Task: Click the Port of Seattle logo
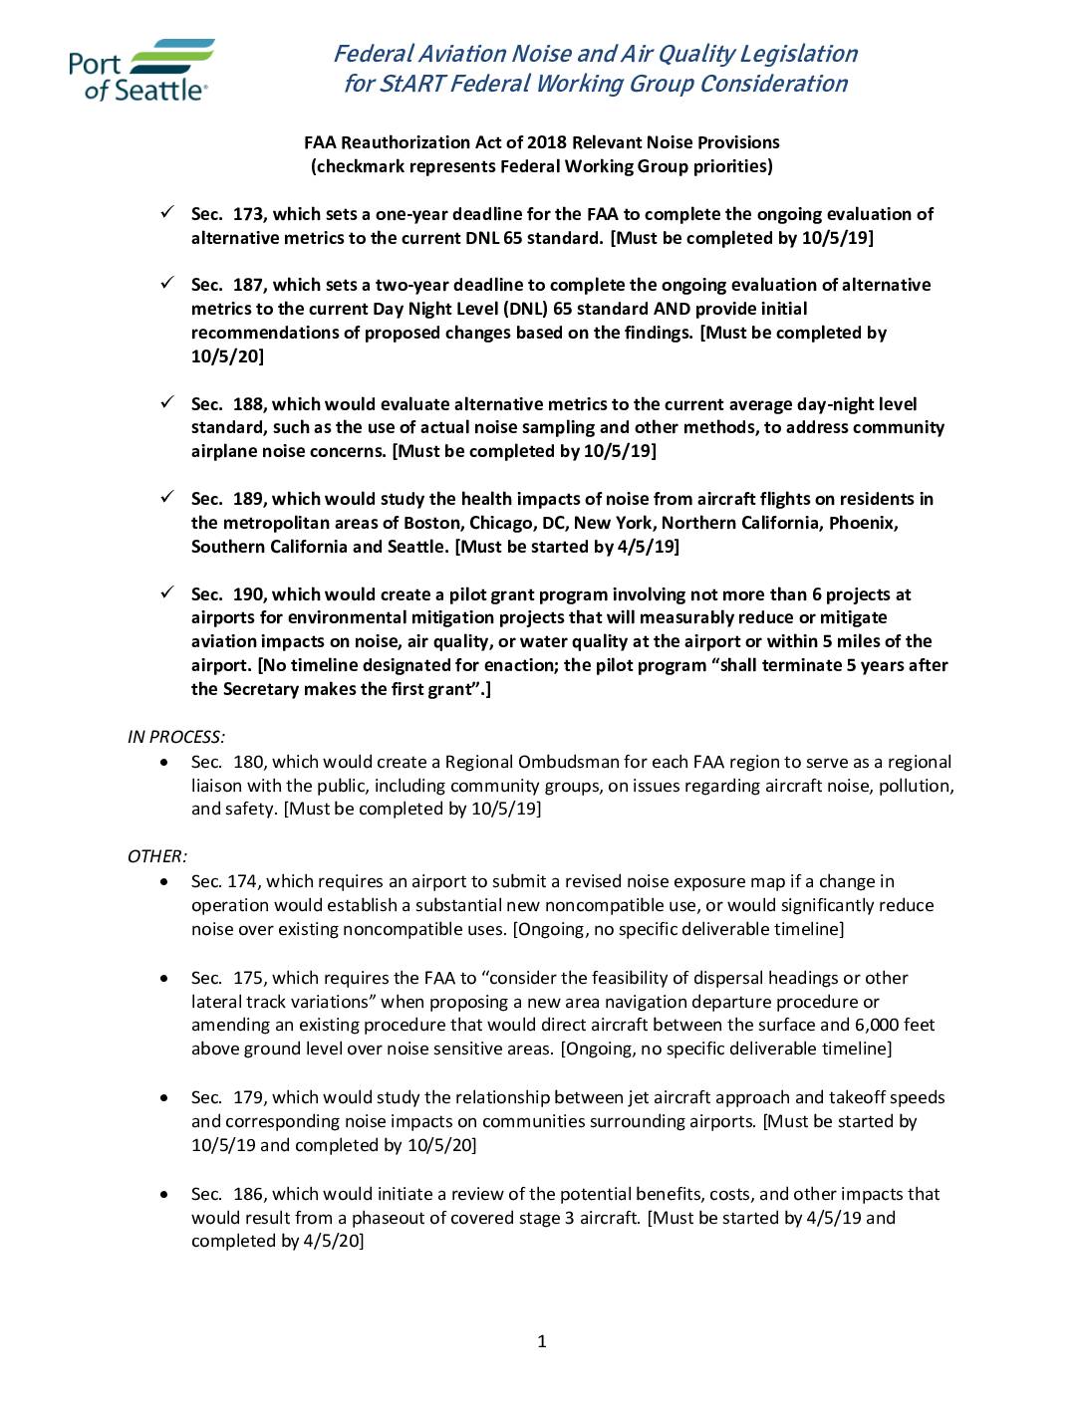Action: coord(139,70)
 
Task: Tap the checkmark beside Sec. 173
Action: coord(168,212)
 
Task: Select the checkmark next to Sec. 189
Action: coord(168,497)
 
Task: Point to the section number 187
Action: coord(248,286)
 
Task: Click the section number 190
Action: coord(248,594)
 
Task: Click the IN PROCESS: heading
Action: coord(176,737)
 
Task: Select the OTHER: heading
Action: coord(157,856)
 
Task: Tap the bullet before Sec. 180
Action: coord(164,763)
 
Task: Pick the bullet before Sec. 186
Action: coord(164,1194)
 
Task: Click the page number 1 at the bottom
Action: coord(542,1341)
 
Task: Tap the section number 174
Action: coord(242,881)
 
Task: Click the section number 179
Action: coord(248,1097)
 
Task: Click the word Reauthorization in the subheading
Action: coord(413,142)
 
